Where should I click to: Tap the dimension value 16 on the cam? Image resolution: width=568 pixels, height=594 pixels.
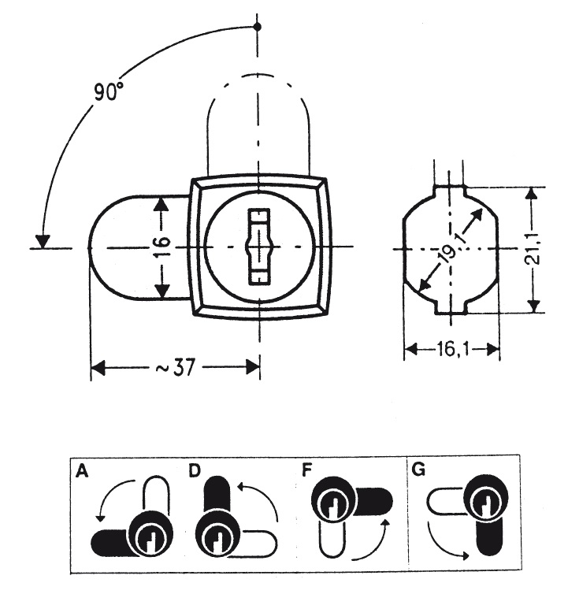[x=161, y=247]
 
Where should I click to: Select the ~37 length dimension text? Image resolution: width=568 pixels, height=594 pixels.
[x=176, y=367]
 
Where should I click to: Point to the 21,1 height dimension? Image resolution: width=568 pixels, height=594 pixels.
[x=534, y=249]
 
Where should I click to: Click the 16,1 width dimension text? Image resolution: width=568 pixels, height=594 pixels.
[x=453, y=349]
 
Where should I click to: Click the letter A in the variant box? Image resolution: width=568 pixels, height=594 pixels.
[x=82, y=472]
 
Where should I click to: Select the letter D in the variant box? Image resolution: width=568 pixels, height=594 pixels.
[x=195, y=471]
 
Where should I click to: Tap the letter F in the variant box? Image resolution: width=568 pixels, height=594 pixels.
[x=306, y=470]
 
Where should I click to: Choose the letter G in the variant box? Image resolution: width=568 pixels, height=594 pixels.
[x=418, y=470]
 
